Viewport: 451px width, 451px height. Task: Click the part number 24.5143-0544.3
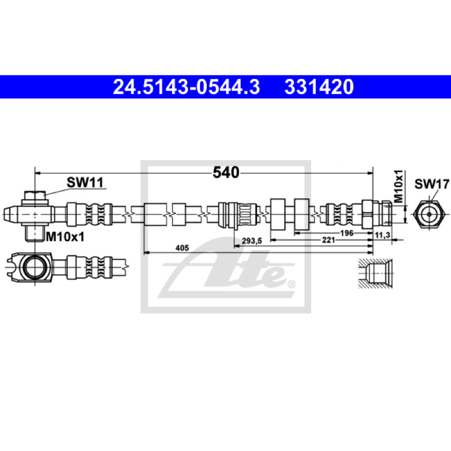(187, 87)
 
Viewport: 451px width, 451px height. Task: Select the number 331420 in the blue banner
(319, 87)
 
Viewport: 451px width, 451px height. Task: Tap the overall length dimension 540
(226, 173)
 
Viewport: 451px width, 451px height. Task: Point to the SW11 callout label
(85, 182)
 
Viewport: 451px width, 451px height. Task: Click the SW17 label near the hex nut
(432, 184)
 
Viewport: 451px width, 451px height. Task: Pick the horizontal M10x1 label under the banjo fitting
(65, 237)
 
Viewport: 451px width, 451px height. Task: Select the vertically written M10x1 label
(399, 186)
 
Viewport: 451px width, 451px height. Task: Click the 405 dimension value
(182, 247)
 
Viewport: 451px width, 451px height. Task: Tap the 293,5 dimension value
(252, 241)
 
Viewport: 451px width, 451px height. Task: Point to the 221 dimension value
(329, 240)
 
